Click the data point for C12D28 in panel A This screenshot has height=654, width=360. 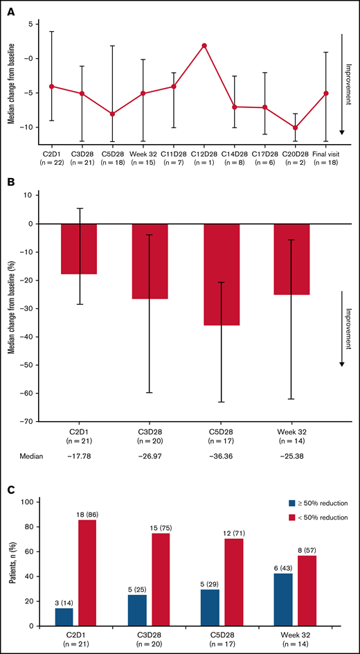(204, 46)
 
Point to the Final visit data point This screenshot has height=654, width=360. (325, 93)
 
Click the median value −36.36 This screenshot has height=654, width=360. (222, 456)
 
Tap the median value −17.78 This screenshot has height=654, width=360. (79, 456)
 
